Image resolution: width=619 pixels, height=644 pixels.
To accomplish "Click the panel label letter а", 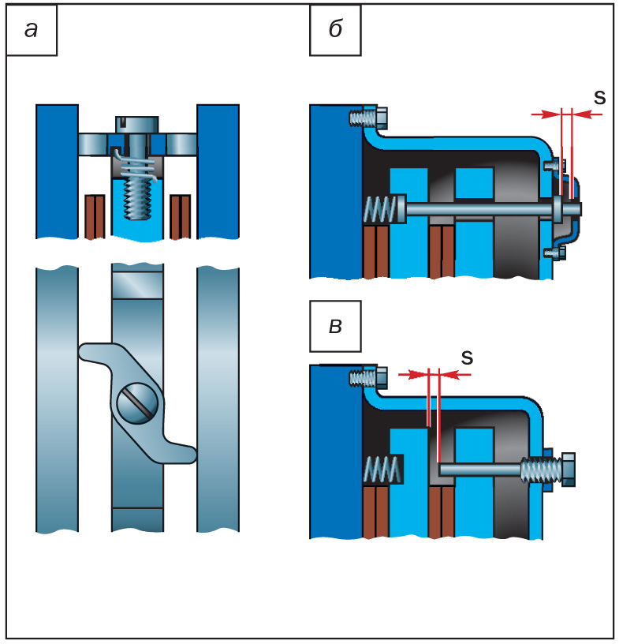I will coord(32,30).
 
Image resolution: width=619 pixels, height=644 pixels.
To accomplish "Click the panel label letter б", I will coord(335,30).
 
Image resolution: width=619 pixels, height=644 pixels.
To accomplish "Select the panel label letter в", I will coord(335,325).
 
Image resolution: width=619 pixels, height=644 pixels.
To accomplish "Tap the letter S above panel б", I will coord(599,97).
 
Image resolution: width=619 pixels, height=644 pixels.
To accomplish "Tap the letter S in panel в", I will coord(467,357).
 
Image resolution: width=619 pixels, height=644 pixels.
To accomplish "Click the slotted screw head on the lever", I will coord(137,404).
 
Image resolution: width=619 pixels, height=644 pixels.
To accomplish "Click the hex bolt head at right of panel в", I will coord(566,469).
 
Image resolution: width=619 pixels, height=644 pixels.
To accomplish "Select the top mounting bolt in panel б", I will coord(366,118).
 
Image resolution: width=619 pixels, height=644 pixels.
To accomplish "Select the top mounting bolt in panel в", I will coord(366,379).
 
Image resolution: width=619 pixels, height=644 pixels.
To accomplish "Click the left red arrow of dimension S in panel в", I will coord(411,374).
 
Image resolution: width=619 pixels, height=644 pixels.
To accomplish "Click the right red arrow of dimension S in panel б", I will coord(587,114).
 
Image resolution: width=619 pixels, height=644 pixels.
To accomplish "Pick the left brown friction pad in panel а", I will coord(95,215).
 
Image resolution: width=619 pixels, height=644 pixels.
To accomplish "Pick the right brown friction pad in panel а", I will coord(181,215).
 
